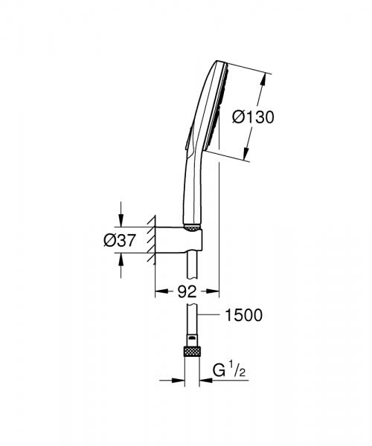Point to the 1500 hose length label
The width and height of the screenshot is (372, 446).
(243, 316)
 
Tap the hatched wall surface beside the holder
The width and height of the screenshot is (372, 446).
(151, 238)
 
